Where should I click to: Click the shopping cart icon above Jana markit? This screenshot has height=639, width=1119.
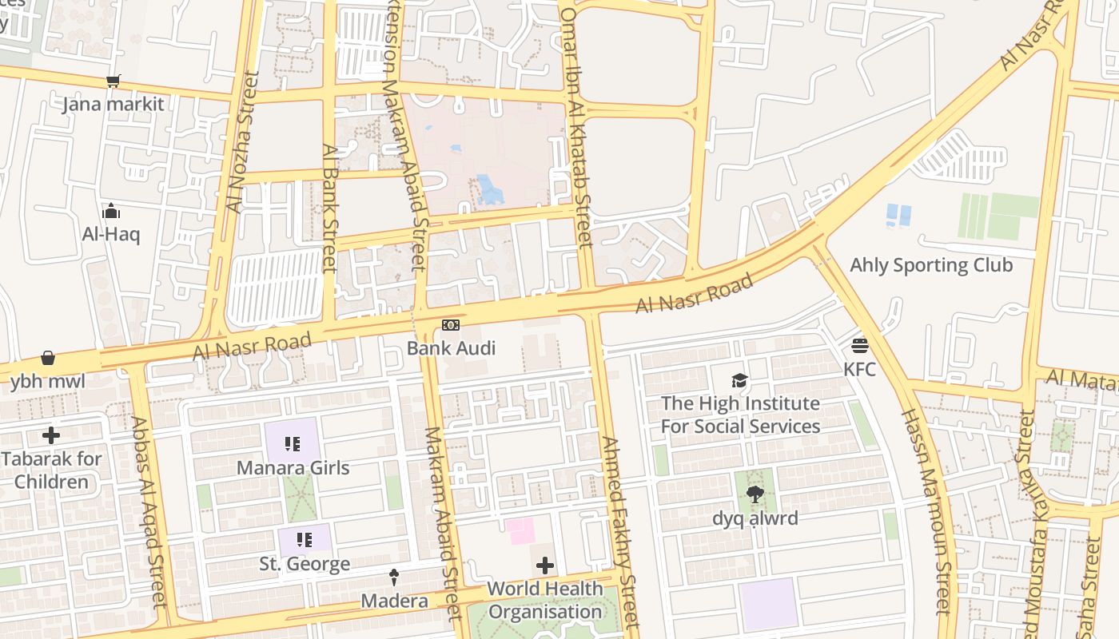[113, 81]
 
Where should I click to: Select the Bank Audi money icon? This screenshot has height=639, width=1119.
[451, 325]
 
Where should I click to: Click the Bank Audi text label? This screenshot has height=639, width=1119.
[451, 348]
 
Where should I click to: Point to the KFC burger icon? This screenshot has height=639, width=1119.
[860, 346]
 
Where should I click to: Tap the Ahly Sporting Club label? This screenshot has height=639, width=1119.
[931, 265]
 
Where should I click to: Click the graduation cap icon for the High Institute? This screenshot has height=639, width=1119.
[740, 381]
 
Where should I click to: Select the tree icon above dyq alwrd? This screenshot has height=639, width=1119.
[755, 495]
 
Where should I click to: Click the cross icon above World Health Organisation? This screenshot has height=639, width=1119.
[545, 566]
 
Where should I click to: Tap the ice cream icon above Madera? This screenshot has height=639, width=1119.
[394, 577]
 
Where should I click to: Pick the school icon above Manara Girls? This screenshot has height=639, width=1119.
[293, 444]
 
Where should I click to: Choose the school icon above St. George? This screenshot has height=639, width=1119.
[304, 541]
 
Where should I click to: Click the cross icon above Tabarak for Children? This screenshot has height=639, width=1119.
[51, 435]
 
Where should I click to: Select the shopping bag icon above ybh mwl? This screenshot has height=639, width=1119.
[48, 358]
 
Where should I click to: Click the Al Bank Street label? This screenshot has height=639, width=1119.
[329, 208]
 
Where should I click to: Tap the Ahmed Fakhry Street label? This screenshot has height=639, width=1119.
[619, 531]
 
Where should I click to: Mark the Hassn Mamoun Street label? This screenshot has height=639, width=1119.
[926, 511]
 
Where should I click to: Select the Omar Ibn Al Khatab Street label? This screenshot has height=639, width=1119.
[576, 128]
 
